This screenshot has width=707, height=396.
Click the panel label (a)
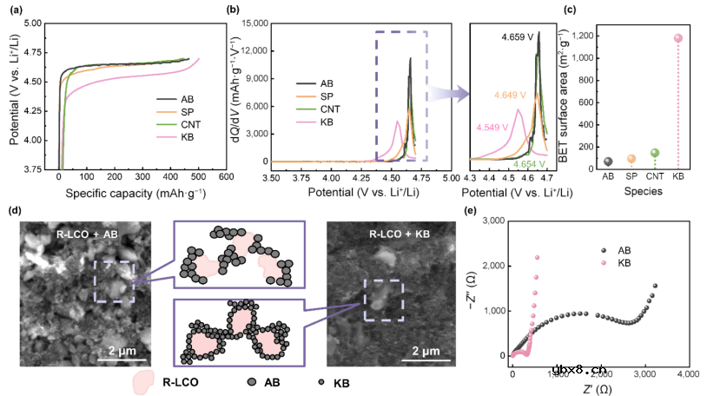click(x=15, y=11)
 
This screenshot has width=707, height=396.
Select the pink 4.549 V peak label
click(x=492, y=127)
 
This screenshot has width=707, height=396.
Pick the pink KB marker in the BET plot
click(x=678, y=38)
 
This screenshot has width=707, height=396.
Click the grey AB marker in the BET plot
click(x=608, y=162)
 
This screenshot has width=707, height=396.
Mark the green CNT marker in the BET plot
click(x=655, y=153)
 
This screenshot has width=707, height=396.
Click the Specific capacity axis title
click(x=117, y=195)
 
